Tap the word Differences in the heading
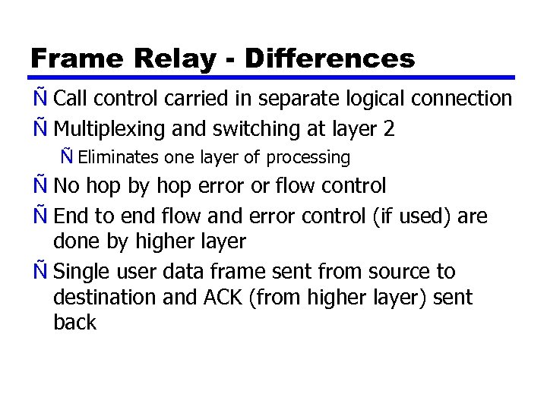(330, 58)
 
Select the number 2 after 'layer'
(389, 129)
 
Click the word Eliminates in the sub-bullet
(118, 158)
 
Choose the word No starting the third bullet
(67, 185)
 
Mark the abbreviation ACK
(223, 297)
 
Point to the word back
(74, 322)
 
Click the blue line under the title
(273, 77)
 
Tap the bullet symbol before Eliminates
(68, 158)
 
